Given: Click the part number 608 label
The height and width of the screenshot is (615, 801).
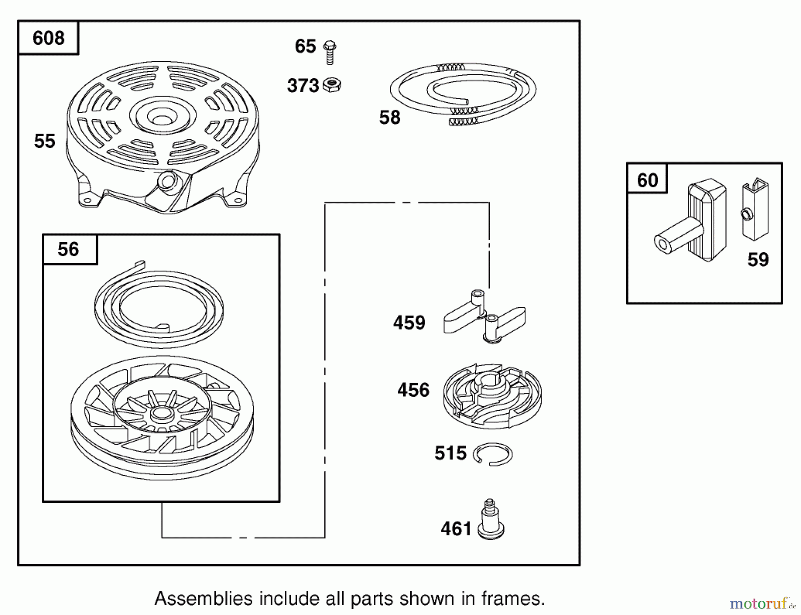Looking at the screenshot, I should [x=49, y=38].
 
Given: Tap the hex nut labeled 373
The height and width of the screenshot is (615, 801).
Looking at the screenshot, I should [x=332, y=85].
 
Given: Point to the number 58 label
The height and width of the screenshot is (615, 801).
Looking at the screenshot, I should [x=389, y=117].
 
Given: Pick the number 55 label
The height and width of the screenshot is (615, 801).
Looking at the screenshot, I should [x=44, y=141].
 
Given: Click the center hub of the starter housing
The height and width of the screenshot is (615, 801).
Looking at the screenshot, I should [x=162, y=117].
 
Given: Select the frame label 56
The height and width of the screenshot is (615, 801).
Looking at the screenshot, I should [x=68, y=249].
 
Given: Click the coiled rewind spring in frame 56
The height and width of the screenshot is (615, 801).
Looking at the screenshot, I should [x=159, y=307].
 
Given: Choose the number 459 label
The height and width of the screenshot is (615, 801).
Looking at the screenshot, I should [x=409, y=323].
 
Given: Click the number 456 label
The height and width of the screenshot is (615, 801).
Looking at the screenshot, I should [x=413, y=390].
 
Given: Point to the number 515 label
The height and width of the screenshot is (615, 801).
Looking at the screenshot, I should [x=450, y=453].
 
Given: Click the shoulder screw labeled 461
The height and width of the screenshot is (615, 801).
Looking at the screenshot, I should [x=490, y=521].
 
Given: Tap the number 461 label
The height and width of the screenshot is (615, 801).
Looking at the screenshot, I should [x=456, y=529].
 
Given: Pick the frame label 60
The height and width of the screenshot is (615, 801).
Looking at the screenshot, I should [x=647, y=180].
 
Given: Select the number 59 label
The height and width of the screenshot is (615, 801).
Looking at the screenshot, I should [x=758, y=260].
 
